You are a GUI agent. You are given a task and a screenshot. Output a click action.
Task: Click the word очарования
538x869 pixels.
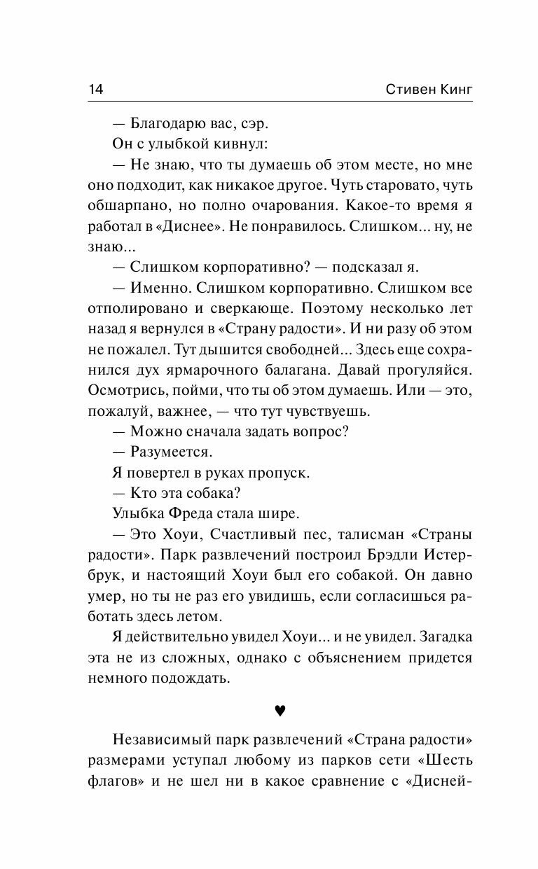pyautogui.click(x=302, y=207)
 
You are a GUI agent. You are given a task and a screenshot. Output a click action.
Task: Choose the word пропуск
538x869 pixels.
pyautogui.click(x=280, y=473)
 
